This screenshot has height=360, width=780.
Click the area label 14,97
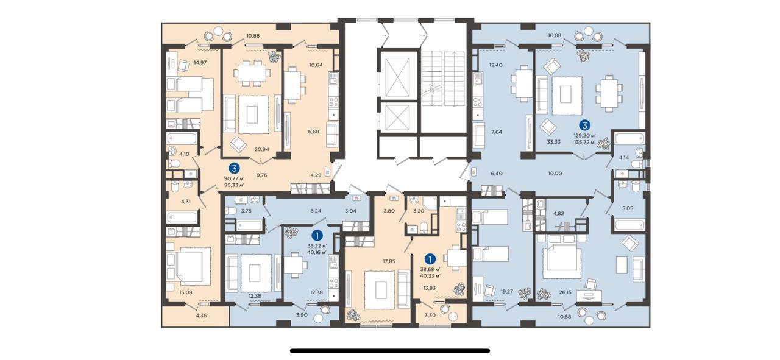200,63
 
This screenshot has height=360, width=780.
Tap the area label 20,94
261,149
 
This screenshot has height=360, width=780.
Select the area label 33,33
554,142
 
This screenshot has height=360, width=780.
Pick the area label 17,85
389,261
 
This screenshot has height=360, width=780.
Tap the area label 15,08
186,292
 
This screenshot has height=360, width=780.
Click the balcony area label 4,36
201,316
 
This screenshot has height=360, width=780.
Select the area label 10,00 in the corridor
555,174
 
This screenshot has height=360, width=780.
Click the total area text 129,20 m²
584,136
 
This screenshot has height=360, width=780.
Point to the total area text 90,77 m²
234,179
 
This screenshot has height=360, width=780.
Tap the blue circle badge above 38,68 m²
431,259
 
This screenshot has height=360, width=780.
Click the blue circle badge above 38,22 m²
317,235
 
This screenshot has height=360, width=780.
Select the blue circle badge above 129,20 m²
584,125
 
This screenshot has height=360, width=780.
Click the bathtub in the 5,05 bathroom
629,225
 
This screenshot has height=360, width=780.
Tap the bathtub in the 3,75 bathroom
249,225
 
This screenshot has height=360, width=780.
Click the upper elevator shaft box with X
398,77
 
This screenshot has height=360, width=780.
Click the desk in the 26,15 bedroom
589,296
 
